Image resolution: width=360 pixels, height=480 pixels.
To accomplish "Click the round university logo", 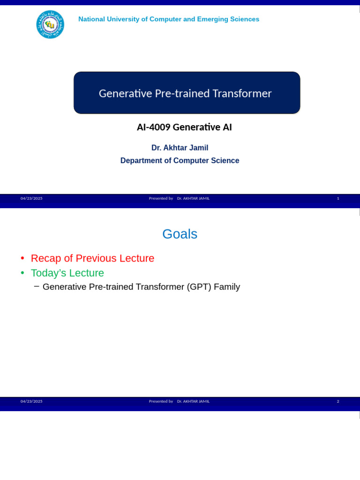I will pos(50,24).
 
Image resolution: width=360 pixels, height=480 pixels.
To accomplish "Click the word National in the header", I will pos(92,19).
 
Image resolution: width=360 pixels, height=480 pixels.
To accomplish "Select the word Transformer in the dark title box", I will pos(242,93).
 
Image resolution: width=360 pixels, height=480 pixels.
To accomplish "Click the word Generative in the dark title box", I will pos(122,93).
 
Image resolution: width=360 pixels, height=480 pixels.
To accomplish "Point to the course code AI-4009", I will pos(153,127).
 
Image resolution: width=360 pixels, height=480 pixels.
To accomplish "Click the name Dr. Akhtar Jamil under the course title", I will pos(180,148).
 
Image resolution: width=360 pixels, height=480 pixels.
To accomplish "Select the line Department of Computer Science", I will pos(180,160).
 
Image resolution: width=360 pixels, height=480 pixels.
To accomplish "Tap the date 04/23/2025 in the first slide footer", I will pos(31,198).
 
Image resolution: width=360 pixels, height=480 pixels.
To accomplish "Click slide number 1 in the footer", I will pos(338,198).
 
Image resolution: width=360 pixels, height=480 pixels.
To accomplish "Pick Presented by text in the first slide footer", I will pos(161,198).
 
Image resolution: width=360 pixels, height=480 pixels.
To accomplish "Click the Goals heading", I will pos(180,234).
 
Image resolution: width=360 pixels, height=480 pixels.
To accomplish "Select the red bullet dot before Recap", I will pos(22,259).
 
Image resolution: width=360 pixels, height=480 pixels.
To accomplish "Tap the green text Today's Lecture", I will pos(67,273).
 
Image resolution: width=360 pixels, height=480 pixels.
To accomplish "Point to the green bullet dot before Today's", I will pos(22,273).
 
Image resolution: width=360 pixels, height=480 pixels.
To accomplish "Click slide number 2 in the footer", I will pos(338,401).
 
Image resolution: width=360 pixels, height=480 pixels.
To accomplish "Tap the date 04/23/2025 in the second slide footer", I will pos(31,401).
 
